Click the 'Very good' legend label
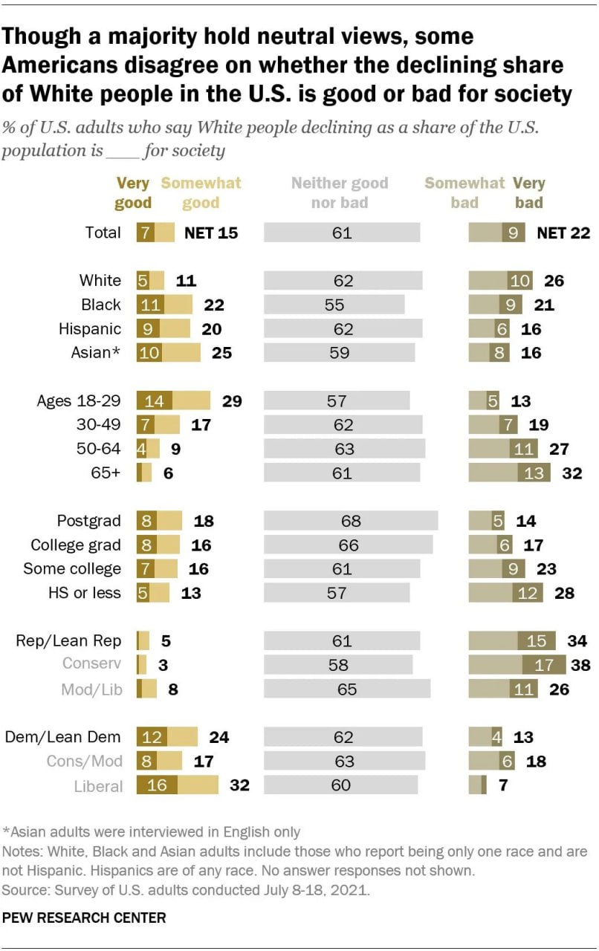[134, 192]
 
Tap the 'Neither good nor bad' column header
[339, 192]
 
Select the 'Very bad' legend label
[528, 192]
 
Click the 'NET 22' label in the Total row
[563, 233]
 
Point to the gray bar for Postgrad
[351, 521]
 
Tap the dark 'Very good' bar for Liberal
[156, 785]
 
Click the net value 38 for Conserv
[580, 664]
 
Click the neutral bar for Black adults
[334, 304]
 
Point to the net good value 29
[232, 401]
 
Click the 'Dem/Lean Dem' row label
[62, 737]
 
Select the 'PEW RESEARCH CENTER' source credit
[84, 918]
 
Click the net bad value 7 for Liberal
[502, 785]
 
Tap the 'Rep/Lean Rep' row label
[68, 640]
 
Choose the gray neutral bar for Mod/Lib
[347, 689]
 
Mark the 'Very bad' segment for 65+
[534, 473]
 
